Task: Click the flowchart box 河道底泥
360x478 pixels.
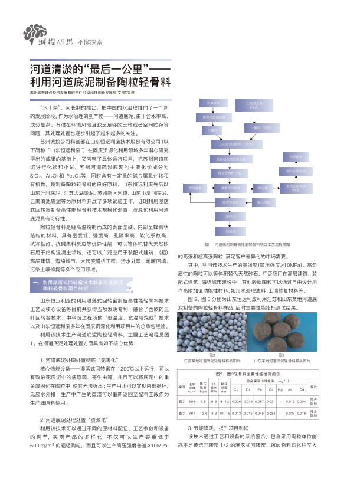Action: tap(213, 103)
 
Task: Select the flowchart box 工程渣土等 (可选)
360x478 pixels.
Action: tap(255, 104)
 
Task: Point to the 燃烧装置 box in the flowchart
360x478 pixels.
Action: tap(195, 187)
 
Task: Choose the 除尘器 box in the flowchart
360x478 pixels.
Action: tap(262, 187)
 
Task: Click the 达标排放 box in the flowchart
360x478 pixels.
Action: tap(296, 157)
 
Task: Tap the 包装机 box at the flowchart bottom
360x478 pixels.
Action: tap(231, 231)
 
